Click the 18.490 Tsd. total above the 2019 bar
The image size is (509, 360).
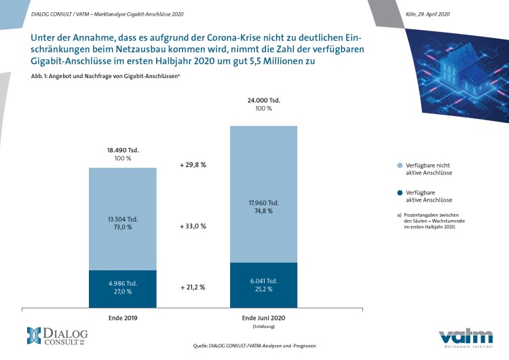pyautogui.click(x=123, y=149)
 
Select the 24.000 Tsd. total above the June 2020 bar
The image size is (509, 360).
pyautogui.click(x=264, y=100)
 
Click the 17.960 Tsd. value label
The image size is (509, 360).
pyautogui.click(x=264, y=202)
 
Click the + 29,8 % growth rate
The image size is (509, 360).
pyautogui.click(x=192, y=164)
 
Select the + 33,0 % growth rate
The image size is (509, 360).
pyautogui.click(x=192, y=226)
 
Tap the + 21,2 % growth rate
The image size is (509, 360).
pyautogui.click(x=192, y=287)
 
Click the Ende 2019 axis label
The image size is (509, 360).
pyautogui.click(x=123, y=318)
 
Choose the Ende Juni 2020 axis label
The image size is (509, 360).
pyautogui.click(x=264, y=318)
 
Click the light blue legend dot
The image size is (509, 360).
pyautogui.click(x=400, y=166)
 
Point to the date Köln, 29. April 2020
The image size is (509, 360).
pyautogui.click(x=428, y=14)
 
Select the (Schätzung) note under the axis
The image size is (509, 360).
pyautogui.click(x=264, y=327)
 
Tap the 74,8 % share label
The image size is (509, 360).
pyautogui.click(x=264, y=211)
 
